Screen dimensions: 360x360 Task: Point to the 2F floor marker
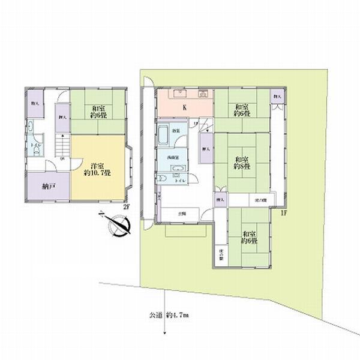pos(126,207)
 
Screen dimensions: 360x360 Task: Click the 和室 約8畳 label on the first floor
pos(242,163)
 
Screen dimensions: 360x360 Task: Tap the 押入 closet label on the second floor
pos(61,118)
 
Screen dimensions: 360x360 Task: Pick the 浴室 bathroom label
pos(178,131)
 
